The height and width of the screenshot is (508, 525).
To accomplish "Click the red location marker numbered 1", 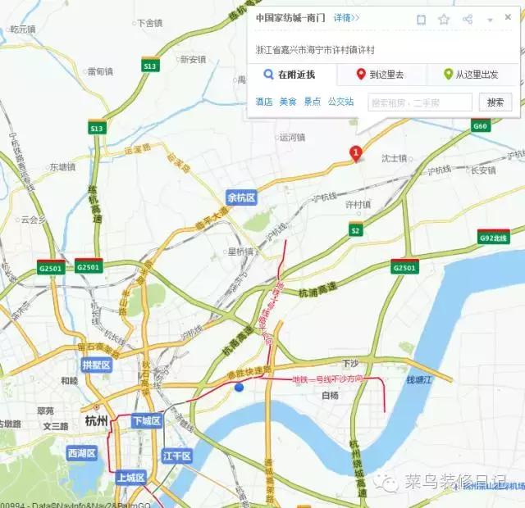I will [x=355, y=152].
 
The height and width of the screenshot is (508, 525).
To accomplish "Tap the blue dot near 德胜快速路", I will [x=239, y=387].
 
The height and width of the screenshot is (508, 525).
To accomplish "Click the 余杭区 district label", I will [x=242, y=197].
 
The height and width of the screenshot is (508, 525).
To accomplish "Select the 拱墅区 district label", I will [x=96, y=365].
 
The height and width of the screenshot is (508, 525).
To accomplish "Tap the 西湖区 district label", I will [x=82, y=452].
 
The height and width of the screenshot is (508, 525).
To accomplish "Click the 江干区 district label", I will [x=177, y=456].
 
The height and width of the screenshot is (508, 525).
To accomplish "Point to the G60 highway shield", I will [x=480, y=125].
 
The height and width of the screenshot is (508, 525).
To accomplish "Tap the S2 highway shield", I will [x=355, y=230].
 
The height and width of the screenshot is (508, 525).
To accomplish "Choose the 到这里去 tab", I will [x=381, y=75].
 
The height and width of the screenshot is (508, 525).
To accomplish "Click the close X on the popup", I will [x=508, y=18].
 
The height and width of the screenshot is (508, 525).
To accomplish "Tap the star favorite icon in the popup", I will [x=444, y=19].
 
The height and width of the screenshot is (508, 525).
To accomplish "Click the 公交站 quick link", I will [x=340, y=102].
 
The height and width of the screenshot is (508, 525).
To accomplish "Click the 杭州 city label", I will [x=96, y=421].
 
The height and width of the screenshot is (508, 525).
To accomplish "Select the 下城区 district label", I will [x=146, y=420].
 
